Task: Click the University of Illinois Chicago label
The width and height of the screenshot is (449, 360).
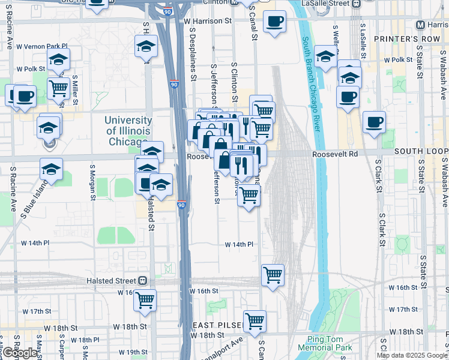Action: coord(127,131)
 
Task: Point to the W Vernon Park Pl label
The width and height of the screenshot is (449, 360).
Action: coord(41,46)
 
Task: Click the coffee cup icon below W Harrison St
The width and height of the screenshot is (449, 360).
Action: coord(275,22)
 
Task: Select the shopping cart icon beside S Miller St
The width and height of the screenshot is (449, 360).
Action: coord(58,88)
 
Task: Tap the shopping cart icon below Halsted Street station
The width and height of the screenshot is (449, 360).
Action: coord(145,300)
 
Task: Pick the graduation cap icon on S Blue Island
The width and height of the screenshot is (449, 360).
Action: coord(52,169)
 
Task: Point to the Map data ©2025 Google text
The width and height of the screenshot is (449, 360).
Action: coord(412,355)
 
